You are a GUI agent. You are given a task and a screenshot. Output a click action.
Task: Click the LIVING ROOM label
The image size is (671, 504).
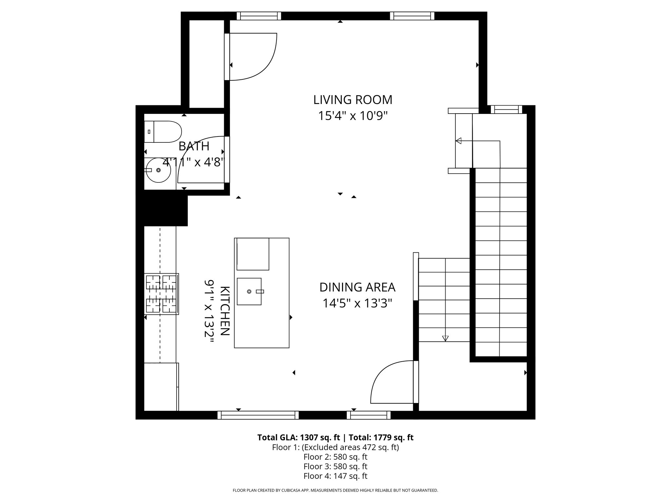click(x=353, y=100)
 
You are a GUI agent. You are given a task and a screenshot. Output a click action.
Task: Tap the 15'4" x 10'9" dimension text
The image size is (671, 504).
click(x=353, y=116)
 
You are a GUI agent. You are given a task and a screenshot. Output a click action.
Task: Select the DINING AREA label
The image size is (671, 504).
click(x=357, y=287)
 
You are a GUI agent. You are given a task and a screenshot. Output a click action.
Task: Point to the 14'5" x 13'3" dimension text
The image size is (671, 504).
click(x=357, y=303)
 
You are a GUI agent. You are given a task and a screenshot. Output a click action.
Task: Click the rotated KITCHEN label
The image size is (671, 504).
click(x=225, y=311)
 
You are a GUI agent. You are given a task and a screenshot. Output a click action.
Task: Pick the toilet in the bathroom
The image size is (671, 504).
click(x=163, y=132)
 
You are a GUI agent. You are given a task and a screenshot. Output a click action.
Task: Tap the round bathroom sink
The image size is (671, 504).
click(x=158, y=170)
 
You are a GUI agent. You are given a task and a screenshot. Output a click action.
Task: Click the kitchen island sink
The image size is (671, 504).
click(x=249, y=291)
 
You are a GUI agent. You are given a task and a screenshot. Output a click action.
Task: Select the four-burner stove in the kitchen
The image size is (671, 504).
click(x=162, y=294)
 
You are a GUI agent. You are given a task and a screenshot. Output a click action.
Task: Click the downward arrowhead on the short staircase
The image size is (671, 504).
click(x=445, y=339)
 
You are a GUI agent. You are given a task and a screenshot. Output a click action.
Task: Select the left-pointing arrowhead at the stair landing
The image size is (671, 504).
click(x=458, y=141)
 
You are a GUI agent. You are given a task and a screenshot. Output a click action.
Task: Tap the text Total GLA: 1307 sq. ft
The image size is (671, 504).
click(x=299, y=437)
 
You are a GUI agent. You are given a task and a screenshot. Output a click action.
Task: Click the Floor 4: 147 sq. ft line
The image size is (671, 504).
click(x=335, y=476)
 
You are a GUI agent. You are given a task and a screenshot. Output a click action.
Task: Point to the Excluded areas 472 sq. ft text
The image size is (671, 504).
click(x=350, y=447)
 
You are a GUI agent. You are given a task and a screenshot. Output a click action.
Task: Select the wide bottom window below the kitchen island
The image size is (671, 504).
click(x=258, y=415)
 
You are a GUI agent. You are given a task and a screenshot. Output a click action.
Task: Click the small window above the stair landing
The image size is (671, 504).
click(x=506, y=110)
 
